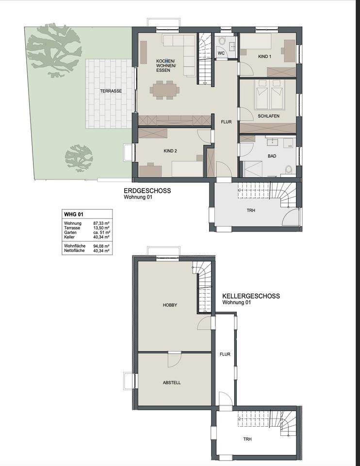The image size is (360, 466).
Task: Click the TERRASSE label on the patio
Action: click(111, 91)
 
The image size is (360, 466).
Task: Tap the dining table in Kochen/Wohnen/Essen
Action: click(164, 89)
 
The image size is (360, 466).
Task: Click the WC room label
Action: click(221, 53)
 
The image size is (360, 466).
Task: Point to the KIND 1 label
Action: click(264, 56)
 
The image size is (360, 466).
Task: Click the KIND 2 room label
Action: click(170, 151)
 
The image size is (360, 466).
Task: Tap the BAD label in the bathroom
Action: click(272, 156)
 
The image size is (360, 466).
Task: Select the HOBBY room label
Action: click(170, 305)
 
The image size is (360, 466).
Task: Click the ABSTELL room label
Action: click(172, 383)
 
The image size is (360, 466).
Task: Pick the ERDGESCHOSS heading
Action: click(147, 191)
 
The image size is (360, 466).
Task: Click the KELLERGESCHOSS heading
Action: click(251, 296)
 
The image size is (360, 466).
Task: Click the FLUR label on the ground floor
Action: click(226, 122)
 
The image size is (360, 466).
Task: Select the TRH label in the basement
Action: click(247, 439)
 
